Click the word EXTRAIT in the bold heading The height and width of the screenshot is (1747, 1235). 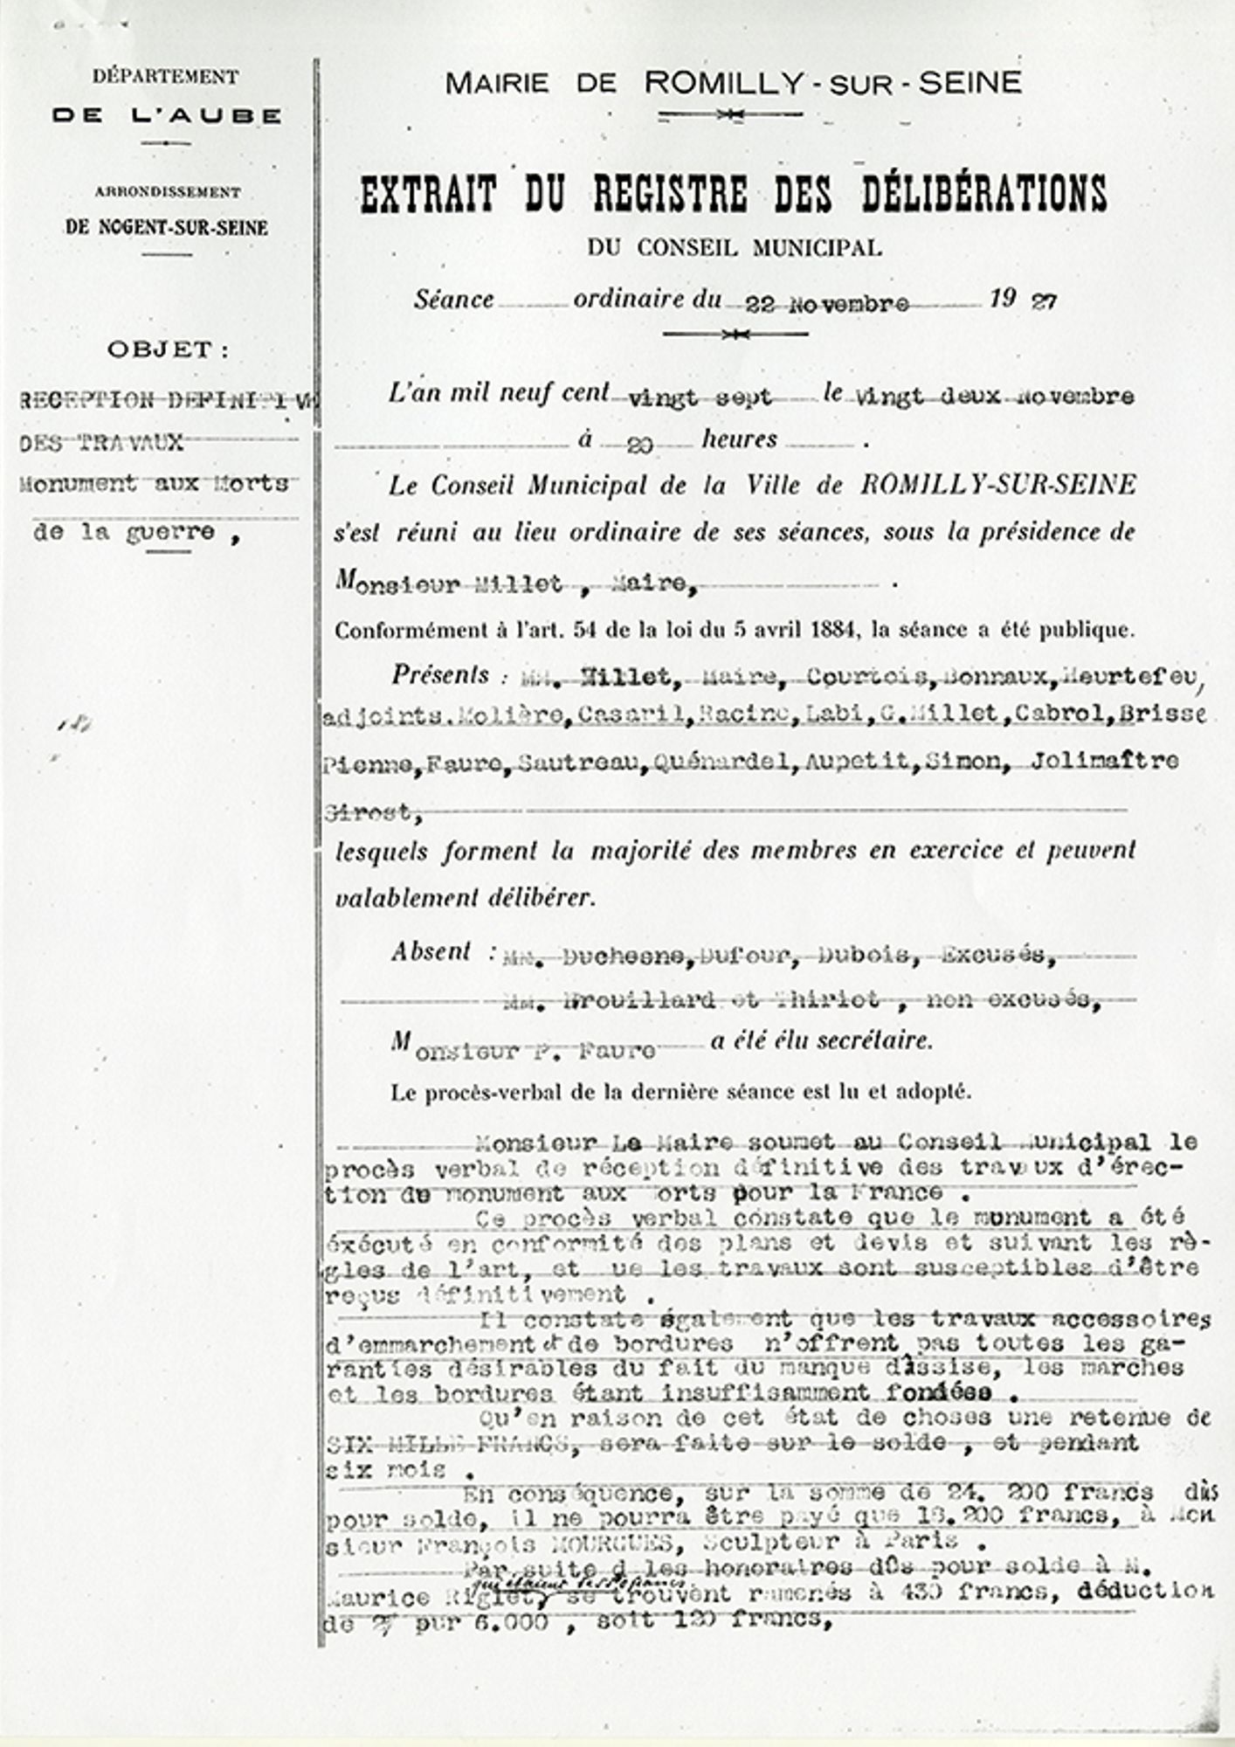point(428,194)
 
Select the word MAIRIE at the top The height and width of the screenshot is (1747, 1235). point(497,84)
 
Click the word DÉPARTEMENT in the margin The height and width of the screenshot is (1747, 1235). point(165,77)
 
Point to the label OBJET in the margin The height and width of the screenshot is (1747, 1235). point(169,350)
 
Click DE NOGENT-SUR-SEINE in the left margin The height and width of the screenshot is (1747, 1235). point(166,228)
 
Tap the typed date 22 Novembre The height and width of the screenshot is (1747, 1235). point(826,304)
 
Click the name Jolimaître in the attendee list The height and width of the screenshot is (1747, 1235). point(1104,761)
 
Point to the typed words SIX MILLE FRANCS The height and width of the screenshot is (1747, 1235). point(445,1444)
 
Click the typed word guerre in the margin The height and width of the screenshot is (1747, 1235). point(169,532)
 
